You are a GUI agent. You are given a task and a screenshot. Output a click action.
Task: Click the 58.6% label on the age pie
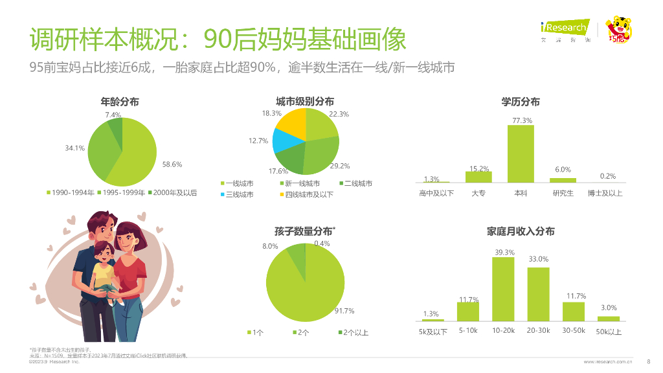[x=172, y=164]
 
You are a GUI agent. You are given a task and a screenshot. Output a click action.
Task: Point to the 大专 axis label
[x=478, y=193]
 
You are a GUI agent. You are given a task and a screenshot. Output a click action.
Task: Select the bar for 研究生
[x=563, y=180]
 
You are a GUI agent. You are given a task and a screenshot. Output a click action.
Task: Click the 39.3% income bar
[x=503, y=289]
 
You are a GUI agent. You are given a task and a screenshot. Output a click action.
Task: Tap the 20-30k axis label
[x=538, y=332]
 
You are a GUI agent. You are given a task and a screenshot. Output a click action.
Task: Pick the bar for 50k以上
[x=608, y=318]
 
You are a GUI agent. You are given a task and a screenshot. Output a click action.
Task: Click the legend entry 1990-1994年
[x=71, y=192]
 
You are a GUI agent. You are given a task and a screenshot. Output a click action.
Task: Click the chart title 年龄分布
[x=120, y=102]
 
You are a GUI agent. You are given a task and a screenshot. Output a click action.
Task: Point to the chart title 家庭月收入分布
[x=521, y=231]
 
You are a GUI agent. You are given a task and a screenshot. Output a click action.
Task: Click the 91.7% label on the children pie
[x=344, y=311]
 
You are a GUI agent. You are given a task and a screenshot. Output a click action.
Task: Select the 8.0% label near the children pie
[x=270, y=246]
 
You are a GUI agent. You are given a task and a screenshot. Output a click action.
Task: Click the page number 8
[x=649, y=362]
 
